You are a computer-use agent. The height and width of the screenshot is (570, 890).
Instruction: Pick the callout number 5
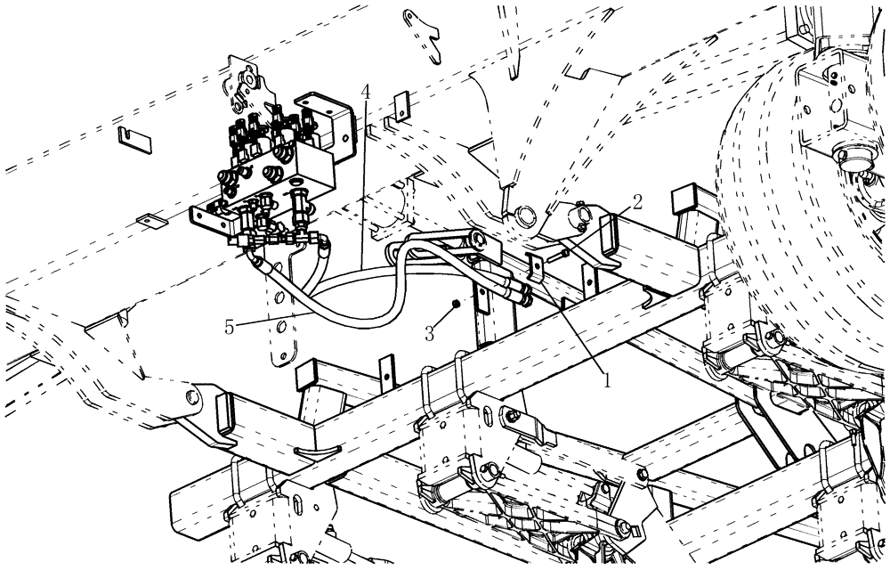229,327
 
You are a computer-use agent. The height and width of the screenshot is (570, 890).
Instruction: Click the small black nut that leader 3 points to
455,304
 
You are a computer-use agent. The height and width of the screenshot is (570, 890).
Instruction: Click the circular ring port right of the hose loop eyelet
524,215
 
